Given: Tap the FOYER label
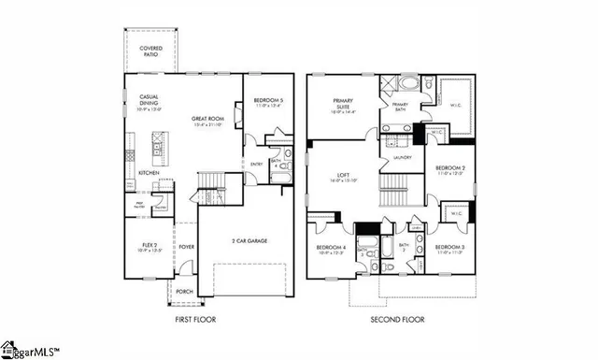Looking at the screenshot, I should (x=187, y=248).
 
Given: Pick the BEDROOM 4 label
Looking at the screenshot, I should (x=331, y=249).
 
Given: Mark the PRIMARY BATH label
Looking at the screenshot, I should (x=400, y=106).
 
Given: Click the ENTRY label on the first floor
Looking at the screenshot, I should (x=256, y=164).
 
